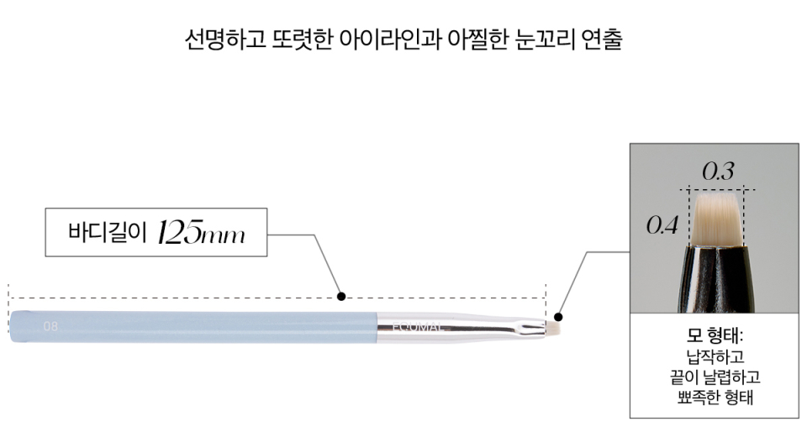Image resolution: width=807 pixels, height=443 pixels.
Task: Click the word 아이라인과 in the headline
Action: [x=390, y=40]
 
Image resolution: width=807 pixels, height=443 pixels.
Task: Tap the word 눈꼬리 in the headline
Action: [x=544, y=40]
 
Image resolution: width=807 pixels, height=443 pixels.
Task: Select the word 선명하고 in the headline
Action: [x=225, y=40]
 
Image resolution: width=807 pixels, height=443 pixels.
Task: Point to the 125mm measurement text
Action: [x=201, y=233]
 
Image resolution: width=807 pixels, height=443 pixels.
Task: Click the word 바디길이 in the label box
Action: [x=108, y=232]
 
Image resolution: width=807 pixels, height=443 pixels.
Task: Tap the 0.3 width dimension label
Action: [x=718, y=171]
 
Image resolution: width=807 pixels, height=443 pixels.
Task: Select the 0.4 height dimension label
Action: [x=662, y=224]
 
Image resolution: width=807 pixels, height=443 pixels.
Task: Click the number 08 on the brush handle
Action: [x=50, y=326]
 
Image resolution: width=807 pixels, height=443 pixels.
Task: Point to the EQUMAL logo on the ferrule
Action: [x=417, y=326]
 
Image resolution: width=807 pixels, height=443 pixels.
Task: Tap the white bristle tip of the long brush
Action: [x=553, y=327]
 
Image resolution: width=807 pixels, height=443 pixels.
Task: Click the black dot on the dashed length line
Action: [x=341, y=297]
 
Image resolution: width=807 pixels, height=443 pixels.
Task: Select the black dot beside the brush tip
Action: [x=558, y=317]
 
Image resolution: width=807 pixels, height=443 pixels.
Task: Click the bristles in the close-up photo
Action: [x=716, y=219]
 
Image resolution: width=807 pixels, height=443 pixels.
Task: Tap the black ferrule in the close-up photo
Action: [x=717, y=279]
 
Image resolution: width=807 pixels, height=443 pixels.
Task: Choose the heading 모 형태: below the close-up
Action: [x=715, y=336]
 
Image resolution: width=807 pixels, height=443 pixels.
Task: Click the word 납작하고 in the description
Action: [x=715, y=356]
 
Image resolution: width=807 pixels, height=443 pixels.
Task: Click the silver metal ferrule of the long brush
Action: [x=462, y=327]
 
